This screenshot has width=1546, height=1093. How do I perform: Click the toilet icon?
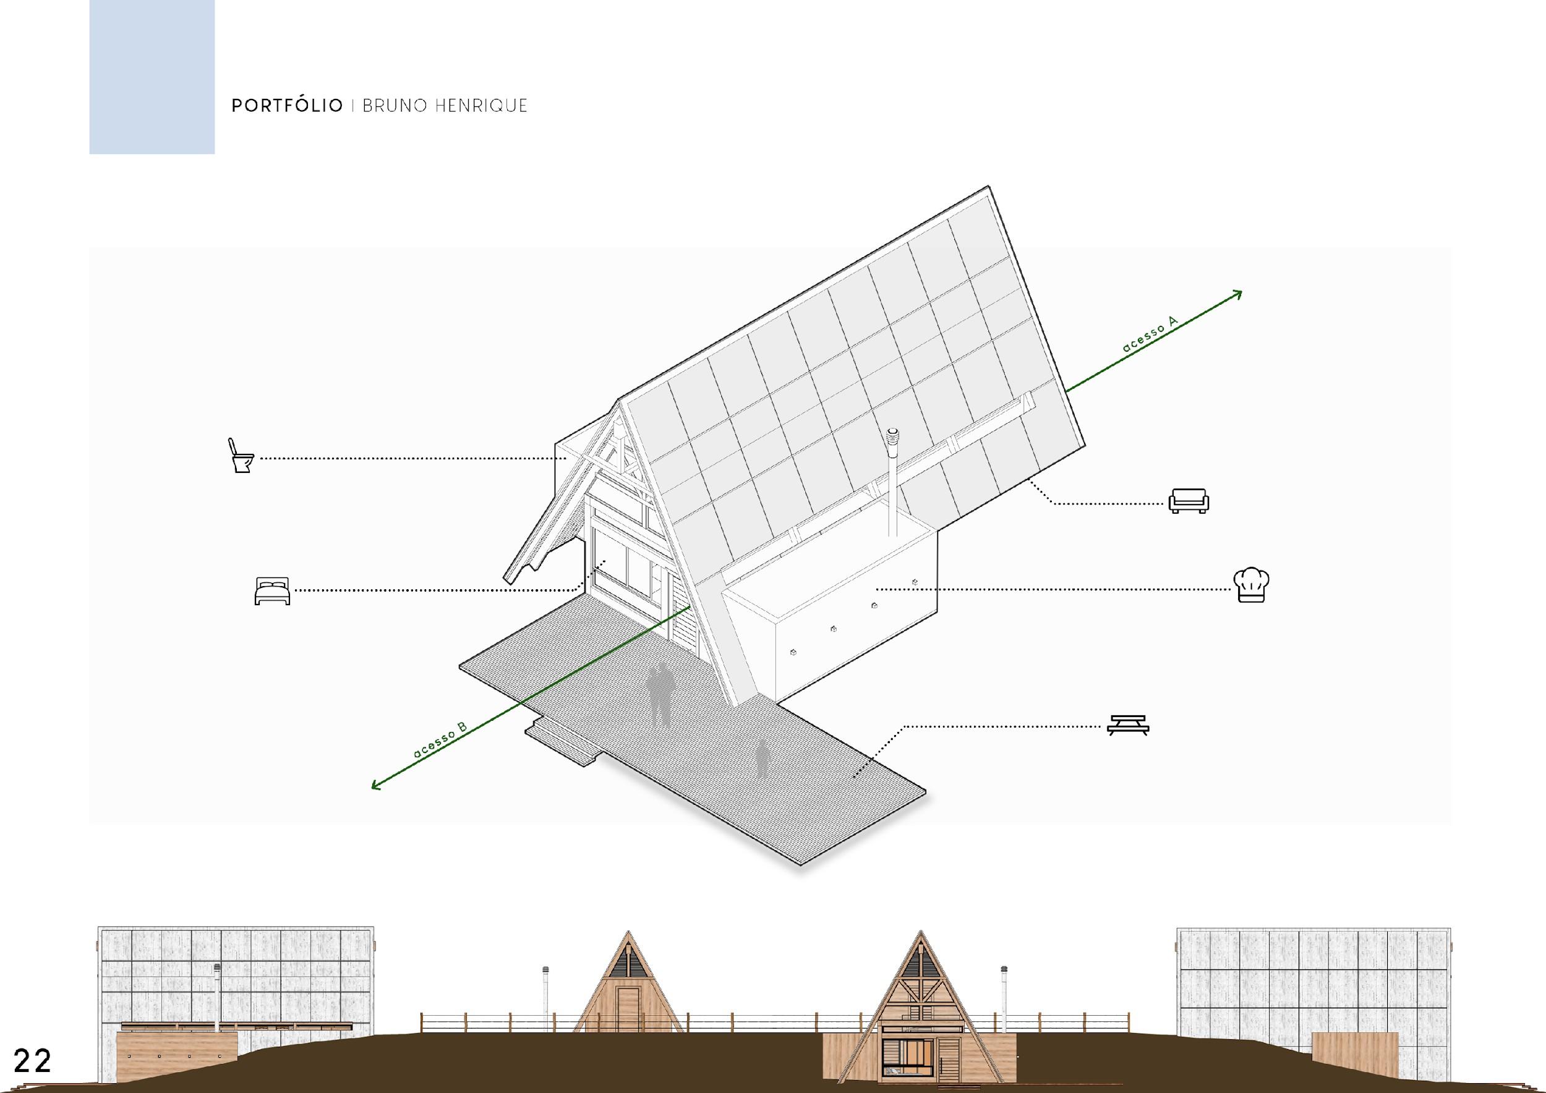241,456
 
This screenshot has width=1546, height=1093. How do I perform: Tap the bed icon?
272,590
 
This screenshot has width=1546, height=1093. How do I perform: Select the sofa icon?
1189,501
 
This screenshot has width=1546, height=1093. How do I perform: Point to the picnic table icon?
1129,724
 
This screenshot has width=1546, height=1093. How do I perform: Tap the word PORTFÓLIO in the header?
287,106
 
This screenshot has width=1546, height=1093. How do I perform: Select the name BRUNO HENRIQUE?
445,106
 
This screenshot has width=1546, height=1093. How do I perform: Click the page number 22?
32,1061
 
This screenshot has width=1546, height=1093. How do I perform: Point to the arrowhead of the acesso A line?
1238,294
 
